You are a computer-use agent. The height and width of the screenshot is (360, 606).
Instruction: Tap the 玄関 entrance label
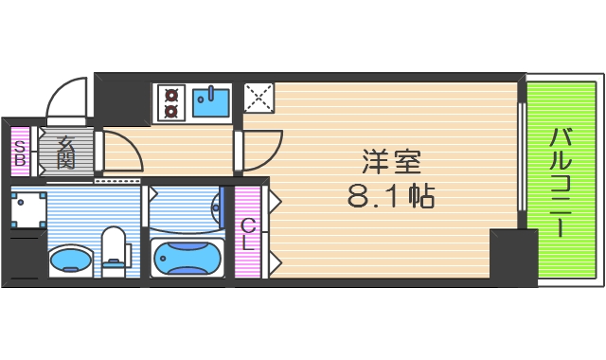[66, 152]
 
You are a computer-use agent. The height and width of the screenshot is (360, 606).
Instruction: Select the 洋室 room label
[388, 163]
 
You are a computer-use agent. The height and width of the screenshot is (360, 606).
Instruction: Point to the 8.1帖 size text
[390, 197]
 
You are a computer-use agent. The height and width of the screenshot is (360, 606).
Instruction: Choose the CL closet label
[248, 232]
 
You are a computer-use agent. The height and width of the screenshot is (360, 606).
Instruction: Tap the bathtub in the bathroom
[186, 257]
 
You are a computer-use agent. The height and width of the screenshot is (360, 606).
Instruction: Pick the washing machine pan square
[28, 208]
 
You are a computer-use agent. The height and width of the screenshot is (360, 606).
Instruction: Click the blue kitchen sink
[211, 99]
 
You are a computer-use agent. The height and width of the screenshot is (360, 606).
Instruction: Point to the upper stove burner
[172, 93]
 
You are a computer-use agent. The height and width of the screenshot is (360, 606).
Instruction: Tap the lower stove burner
[172, 109]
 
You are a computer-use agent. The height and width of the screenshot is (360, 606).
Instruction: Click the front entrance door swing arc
[66, 101]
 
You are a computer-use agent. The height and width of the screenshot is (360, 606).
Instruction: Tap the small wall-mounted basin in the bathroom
[217, 206]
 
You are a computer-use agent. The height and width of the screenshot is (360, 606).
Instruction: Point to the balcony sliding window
[521, 156]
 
